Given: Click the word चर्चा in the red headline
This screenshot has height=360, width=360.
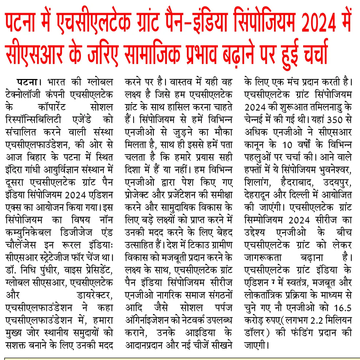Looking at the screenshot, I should [308, 54].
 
